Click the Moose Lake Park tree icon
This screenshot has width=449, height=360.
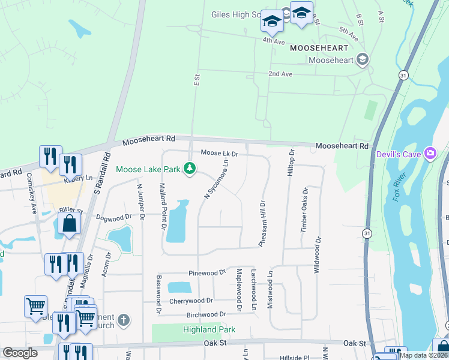click(x=190, y=169)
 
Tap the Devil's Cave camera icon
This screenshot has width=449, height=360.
click(x=430, y=154)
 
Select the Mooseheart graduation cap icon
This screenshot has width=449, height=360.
click(x=362, y=59)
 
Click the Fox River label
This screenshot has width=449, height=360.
click(x=401, y=187)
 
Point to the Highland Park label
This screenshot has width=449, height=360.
click(x=209, y=329)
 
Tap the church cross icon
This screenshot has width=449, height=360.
click(x=124, y=319)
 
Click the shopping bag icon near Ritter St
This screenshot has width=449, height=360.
click(x=70, y=223)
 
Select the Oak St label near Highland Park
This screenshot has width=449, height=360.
click(x=217, y=343)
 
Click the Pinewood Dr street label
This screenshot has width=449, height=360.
click(x=205, y=273)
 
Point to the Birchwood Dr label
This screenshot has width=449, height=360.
click(x=206, y=314)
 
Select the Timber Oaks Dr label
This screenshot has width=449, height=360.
click(x=304, y=209)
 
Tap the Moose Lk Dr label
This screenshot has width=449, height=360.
click(x=220, y=154)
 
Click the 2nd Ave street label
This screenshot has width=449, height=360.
click(x=280, y=74)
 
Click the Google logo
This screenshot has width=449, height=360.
click(x=20, y=353)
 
